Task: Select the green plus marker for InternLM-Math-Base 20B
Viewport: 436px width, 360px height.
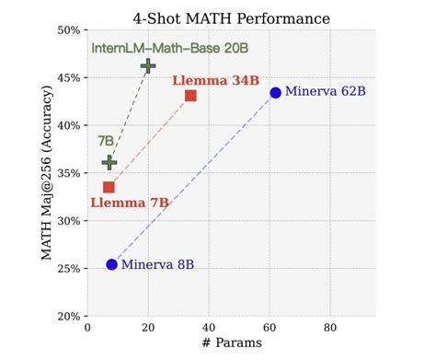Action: (x=148, y=65)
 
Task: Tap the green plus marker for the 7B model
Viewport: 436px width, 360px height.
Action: (x=109, y=162)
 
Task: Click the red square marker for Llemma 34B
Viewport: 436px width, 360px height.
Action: (x=190, y=96)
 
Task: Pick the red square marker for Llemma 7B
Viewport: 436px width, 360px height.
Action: (x=109, y=187)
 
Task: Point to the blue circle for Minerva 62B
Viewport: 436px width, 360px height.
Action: (x=275, y=92)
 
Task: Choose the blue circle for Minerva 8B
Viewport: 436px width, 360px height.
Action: (x=111, y=264)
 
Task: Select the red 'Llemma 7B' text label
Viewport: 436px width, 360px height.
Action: (x=129, y=203)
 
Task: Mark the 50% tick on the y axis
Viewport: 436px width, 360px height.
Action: (x=67, y=29)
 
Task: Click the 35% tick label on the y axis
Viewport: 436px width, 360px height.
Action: (x=67, y=173)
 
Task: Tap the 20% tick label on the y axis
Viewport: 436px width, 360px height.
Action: (x=67, y=316)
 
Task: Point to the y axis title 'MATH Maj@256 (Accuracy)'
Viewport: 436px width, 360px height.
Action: (x=47, y=172)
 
